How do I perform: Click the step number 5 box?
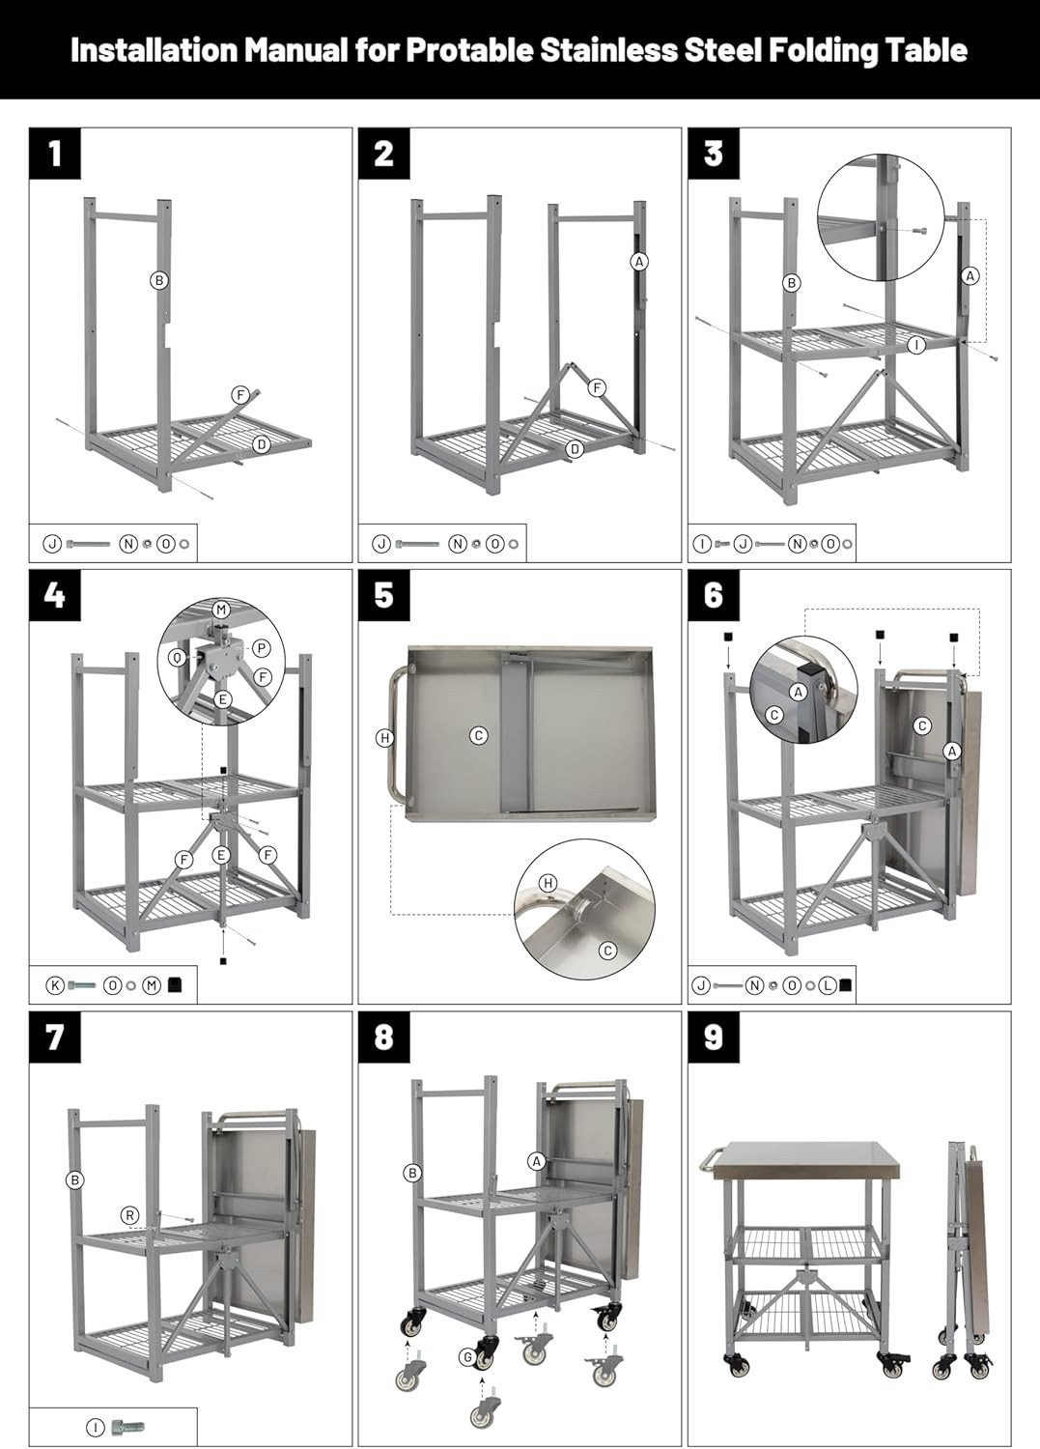pos(384,595)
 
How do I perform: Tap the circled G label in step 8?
pos(467,1357)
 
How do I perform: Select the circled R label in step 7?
pos(129,1215)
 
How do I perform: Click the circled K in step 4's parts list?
pos(56,985)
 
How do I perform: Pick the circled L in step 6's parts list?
pos(828,985)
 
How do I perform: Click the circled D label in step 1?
pos(261,444)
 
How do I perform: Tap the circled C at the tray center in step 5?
pos(478,736)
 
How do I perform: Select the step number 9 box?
pos(714,1037)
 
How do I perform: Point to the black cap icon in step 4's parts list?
pos(176,985)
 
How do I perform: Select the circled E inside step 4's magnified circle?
pos(222,699)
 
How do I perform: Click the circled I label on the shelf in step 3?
pos(916,344)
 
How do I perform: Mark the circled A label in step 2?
pos(638,262)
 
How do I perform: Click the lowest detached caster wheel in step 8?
pos(485,1413)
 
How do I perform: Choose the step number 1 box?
pos(55,153)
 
